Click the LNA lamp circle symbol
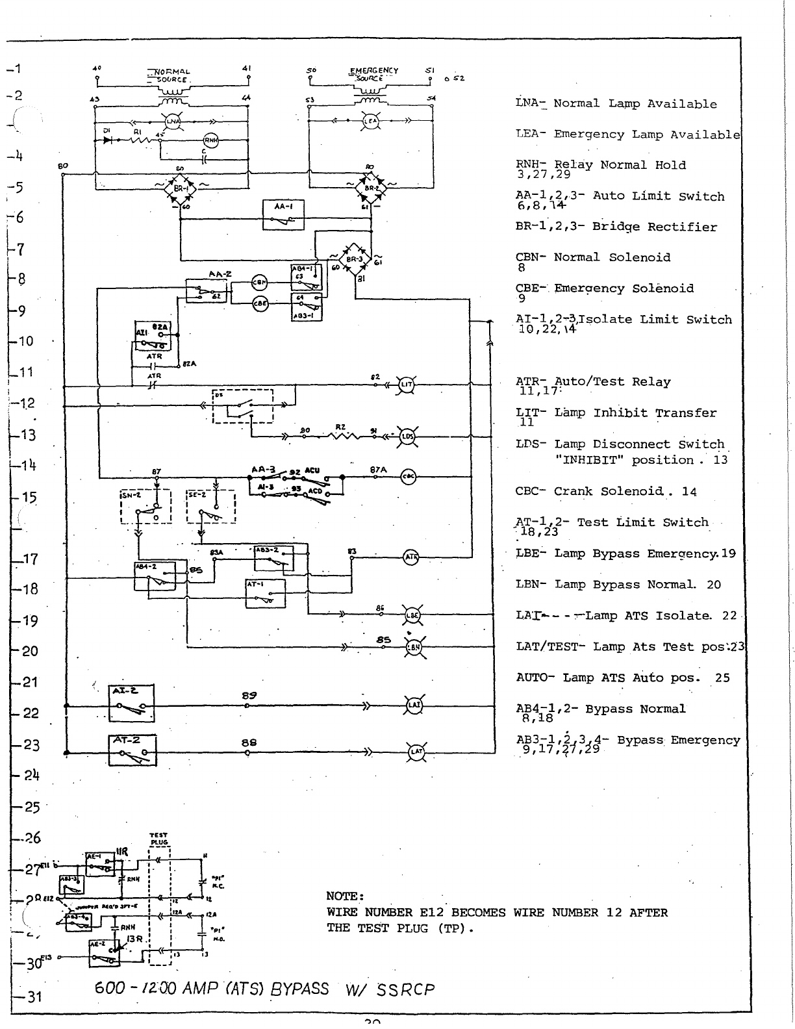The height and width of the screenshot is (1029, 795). point(173,121)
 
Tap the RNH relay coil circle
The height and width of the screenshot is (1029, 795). point(212,140)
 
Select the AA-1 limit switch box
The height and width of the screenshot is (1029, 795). point(283,215)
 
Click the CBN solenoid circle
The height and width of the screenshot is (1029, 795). point(260,283)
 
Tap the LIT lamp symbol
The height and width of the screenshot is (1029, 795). point(407,385)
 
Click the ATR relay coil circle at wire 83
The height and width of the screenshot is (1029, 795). point(411,557)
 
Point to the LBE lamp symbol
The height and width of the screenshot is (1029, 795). point(412,615)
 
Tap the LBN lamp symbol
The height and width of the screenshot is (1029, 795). point(413,647)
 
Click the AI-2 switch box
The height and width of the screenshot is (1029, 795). point(132,704)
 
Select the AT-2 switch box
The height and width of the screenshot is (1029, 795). point(132,750)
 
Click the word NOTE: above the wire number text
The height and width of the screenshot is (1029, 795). point(345,897)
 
